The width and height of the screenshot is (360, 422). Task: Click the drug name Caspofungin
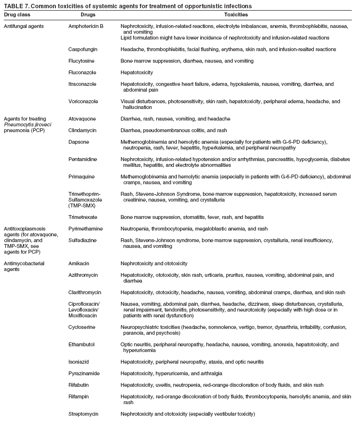click(x=84, y=50)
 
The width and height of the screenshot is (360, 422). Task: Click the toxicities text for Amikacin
click(x=154, y=264)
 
